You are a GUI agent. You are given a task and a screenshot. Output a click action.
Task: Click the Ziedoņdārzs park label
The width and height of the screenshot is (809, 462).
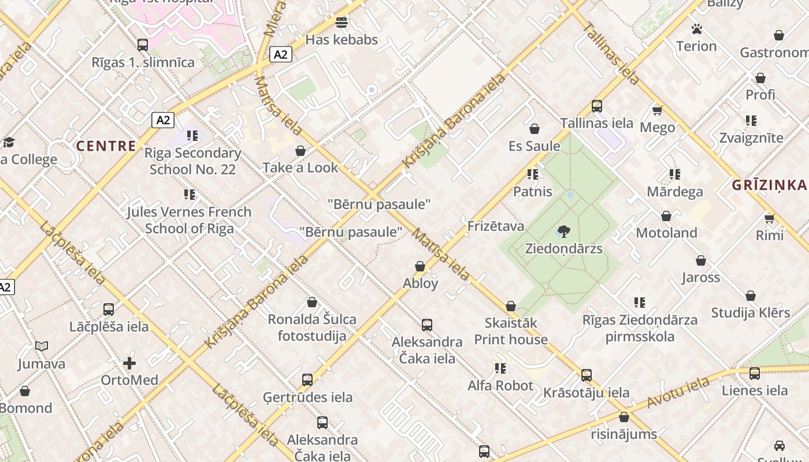pyautogui.click(x=563, y=249)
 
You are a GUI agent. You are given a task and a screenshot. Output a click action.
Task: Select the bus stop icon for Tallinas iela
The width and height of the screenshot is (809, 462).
pyautogui.click(x=597, y=106)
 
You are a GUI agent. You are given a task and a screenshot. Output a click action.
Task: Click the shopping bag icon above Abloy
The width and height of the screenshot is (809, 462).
pyautogui.click(x=420, y=266)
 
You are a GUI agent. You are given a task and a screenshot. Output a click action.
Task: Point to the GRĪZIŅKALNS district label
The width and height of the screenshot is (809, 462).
pyautogui.click(x=769, y=185)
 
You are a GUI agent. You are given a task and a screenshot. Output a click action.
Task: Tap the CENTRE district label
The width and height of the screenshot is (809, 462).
pyautogui.click(x=106, y=146)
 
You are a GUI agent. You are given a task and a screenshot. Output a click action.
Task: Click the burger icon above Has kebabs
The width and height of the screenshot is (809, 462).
pyautogui.click(x=342, y=23)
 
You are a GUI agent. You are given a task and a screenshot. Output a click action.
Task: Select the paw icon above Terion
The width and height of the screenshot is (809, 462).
pyautogui.click(x=696, y=29)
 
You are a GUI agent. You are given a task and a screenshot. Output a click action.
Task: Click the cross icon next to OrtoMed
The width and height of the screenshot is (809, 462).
pyautogui.click(x=129, y=363)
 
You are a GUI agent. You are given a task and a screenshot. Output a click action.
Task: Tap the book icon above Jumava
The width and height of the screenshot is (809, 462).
pyautogui.click(x=41, y=346)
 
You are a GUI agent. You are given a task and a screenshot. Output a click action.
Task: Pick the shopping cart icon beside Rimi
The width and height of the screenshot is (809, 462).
pyautogui.click(x=769, y=218)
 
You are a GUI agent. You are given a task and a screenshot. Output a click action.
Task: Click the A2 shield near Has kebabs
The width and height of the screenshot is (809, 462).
pyautogui.click(x=280, y=54)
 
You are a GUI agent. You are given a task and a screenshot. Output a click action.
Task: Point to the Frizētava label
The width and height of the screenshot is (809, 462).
pyautogui.click(x=495, y=226)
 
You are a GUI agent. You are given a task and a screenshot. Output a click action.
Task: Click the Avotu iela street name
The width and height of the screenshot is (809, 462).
pyautogui.click(x=678, y=392)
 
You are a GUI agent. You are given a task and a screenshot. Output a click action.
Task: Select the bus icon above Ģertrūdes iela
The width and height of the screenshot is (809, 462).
pyautogui.click(x=307, y=380)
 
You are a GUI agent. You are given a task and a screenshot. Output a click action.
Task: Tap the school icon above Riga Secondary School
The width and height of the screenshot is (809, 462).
pyautogui.click(x=192, y=136)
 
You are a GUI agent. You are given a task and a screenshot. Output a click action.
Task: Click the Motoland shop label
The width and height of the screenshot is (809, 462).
pyautogui.click(x=666, y=233)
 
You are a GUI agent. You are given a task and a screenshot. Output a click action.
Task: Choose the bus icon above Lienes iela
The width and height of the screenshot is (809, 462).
pyautogui.click(x=754, y=374)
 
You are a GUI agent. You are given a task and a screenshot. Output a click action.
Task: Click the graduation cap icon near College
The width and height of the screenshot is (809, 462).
pyautogui.click(x=9, y=142)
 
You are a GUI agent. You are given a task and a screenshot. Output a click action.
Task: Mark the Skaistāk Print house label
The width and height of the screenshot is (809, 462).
pyautogui.click(x=511, y=331)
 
